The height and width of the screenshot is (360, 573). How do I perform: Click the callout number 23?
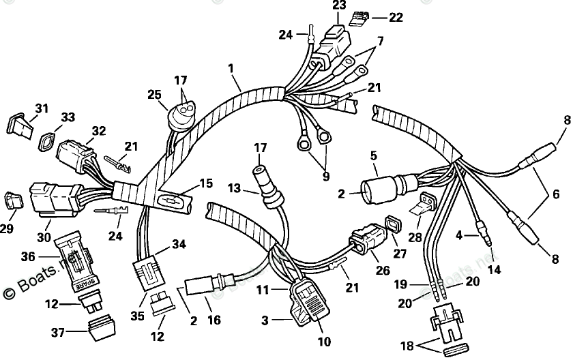tap(339, 5)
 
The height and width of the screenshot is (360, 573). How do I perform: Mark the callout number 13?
tap(234, 187)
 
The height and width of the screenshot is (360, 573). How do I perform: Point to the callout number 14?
tap(494, 269)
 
